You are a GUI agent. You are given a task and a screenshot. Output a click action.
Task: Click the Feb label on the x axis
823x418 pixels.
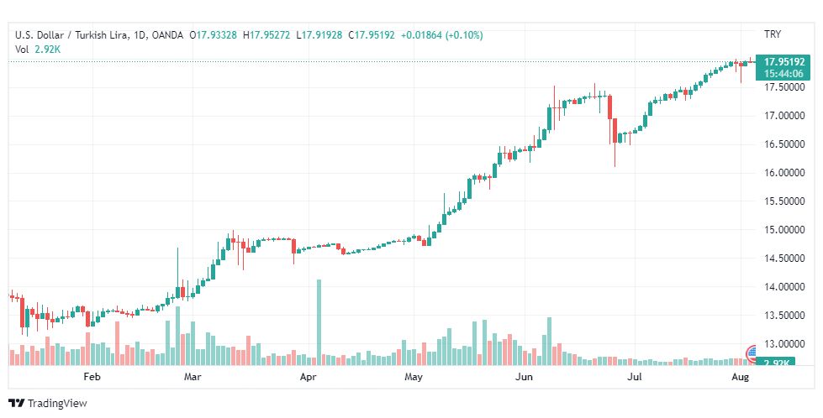92,378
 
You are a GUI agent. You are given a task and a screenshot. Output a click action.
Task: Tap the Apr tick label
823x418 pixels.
308,378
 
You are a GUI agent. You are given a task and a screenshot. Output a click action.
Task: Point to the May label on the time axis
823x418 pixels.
414,378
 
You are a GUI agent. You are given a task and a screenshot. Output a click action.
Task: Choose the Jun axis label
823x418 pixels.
524,378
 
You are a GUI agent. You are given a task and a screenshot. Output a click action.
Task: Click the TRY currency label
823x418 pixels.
773,34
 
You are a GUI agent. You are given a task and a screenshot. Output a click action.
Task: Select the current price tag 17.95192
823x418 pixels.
785,61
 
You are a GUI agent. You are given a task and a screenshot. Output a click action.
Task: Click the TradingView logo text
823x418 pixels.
57,404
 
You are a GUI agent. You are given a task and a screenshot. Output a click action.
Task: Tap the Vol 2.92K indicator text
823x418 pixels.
38,50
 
